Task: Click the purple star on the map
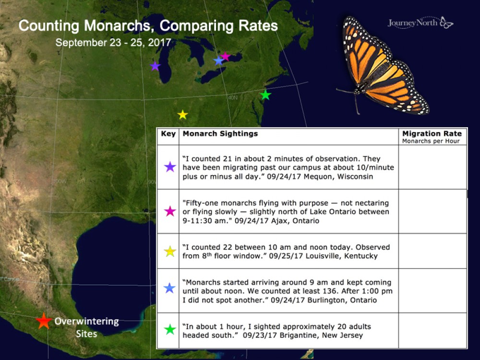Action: tap(155, 66)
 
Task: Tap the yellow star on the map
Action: tap(182, 115)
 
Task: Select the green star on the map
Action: tap(265, 95)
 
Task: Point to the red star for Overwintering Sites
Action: tap(44, 321)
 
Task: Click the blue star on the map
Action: tap(218, 60)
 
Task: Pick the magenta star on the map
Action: tap(225, 57)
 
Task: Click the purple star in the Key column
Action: tap(170, 167)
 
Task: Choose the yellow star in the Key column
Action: tap(170, 251)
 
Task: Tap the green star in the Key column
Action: tap(170, 330)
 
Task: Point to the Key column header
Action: tap(168, 134)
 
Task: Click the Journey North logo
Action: tap(420, 23)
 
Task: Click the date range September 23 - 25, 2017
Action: tap(113, 42)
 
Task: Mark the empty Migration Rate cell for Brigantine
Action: tap(432, 330)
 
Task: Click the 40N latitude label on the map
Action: tap(232, 97)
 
